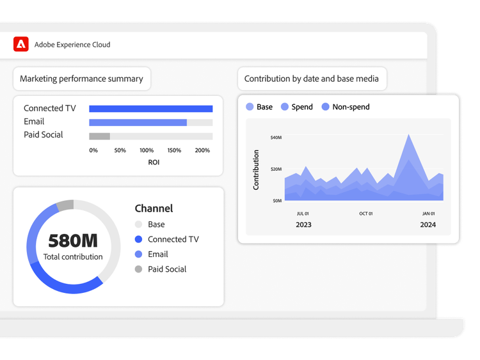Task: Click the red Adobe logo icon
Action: click(x=21, y=44)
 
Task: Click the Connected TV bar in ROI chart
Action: click(x=150, y=109)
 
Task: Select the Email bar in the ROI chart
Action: click(x=138, y=122)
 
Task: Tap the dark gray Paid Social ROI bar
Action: click(x=99, y=136)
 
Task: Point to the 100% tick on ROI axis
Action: click(x=147, y=150)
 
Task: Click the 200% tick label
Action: click(x=202, y=150)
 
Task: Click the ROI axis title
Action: click(x=154, y=162)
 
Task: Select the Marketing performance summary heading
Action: click(x=81, y=79)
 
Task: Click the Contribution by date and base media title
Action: click(x=312, y=79)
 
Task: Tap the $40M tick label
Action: click(x=276, y=137)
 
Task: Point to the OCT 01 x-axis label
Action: click(x=366, y=214)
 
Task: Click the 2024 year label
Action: click(x=428, y=224)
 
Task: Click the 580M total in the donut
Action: click(x=73, y=240)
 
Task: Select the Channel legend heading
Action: click(x=154, y=208)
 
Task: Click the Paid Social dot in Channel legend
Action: click(x=138, y=269)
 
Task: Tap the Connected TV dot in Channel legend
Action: click(x=138, y=239)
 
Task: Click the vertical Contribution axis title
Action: click(x=257, y=169)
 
